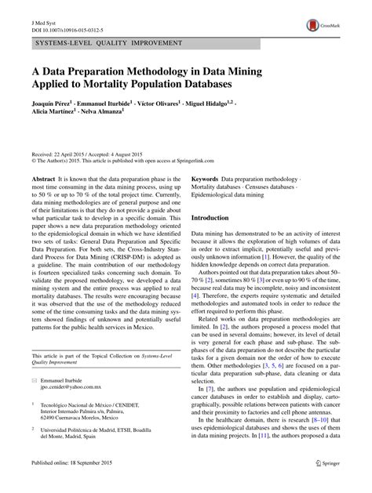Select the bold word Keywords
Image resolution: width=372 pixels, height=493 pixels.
pyautogui.click(x=210, y=179)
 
